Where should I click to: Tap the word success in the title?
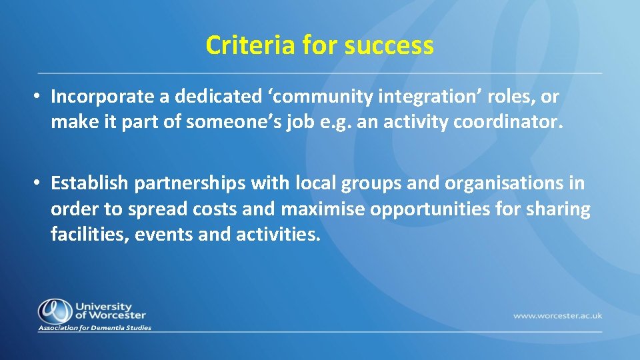pos(389,45)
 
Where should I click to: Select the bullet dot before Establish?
pos(39,183)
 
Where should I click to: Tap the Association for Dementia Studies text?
pos(95,328)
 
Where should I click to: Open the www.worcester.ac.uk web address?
pos(557,315)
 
